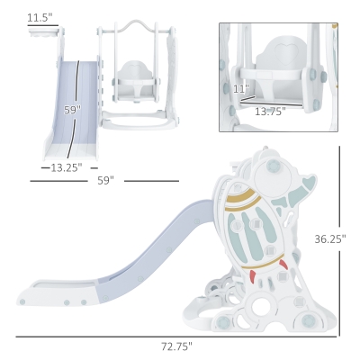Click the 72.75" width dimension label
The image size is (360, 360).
[176, 346]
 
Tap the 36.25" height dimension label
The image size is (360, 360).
[330, 239]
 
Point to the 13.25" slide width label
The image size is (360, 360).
[67, 167]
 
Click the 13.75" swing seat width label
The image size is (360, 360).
[270, 112]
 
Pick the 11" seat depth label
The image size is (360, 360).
[241, 89]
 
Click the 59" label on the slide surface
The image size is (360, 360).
[73, 110]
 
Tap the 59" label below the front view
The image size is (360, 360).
[106, 181]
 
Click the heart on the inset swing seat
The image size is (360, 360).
[282, 49]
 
